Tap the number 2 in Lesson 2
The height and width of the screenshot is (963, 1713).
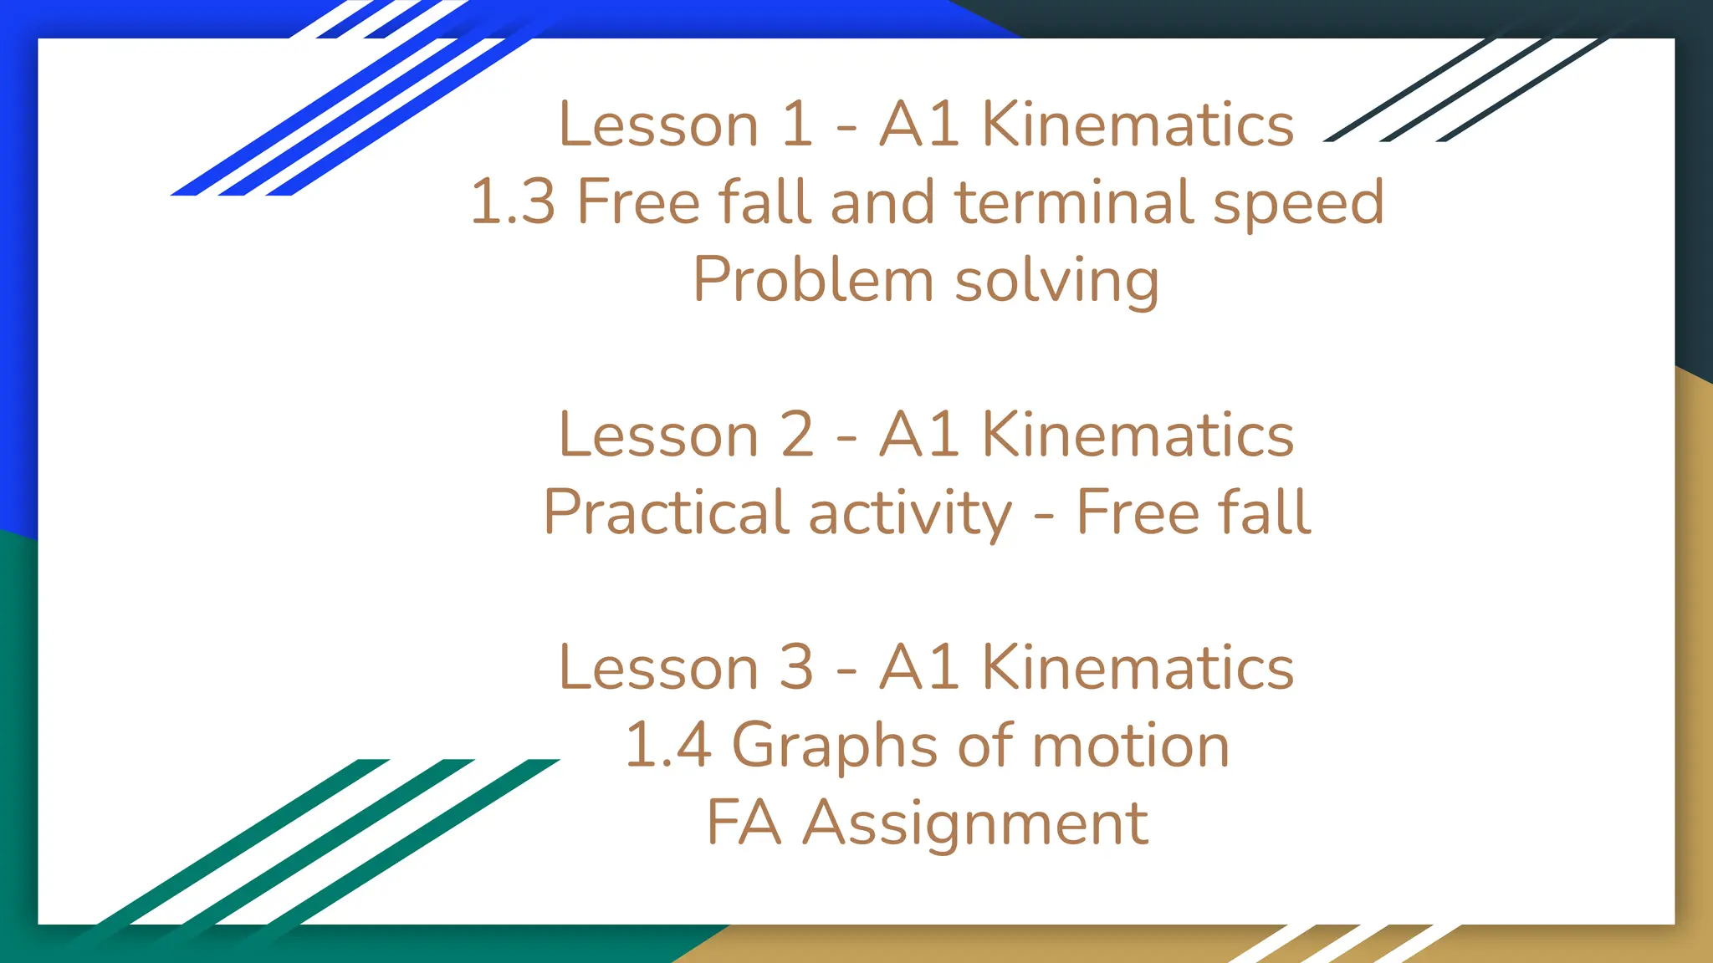(x=796, y=436)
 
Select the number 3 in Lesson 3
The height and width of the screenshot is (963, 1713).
(x=796, y=668)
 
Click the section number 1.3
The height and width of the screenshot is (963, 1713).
(x=513, y=202)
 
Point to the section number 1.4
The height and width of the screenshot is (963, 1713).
(x=668, y=745)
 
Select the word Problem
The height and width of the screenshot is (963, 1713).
(x=812, y=279)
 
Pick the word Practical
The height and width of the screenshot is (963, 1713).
(x=666, y=512)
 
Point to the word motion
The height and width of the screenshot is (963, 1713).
(x=1131, y=746)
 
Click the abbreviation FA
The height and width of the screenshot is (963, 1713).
(x=744, y=823)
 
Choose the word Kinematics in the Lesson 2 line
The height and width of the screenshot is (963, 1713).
(x=1138, y=436)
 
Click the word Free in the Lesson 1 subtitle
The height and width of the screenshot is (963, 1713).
(x=638, y=202)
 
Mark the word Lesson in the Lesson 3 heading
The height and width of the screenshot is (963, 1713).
(x=658, y=668)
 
